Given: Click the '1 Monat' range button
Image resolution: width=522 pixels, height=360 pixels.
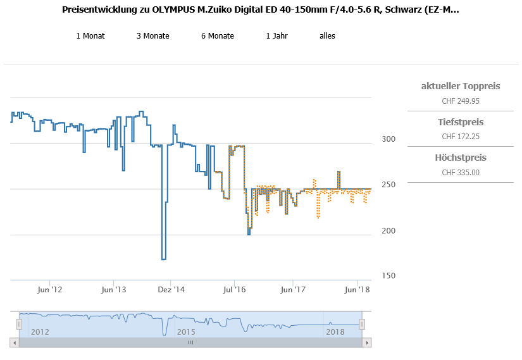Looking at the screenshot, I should coord(90,36).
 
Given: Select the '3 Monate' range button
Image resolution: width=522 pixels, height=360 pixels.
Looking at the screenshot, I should coord(152,36).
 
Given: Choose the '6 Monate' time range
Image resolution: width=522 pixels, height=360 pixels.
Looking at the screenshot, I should coord(218,36).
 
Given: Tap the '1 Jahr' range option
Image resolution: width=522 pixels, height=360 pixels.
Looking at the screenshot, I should coord(277,36).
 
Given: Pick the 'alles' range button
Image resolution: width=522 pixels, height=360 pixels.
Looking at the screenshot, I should coord(327,36).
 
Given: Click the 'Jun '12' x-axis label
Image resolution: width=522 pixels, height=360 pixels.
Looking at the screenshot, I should coord(50,290).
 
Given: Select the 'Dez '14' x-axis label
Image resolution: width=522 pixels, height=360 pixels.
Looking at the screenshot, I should coord(171,290).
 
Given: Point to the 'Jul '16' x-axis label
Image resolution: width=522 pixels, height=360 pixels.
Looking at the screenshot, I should coord(234,290).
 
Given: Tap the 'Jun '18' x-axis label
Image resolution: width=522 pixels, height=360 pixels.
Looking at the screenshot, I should coord(357,290).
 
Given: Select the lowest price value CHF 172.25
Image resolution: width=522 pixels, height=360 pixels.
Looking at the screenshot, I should coord(460,137).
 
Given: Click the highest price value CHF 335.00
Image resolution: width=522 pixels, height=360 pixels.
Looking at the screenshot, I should coord(460,173).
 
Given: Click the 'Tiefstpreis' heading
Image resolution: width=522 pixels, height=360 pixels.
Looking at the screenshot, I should coord(460,122).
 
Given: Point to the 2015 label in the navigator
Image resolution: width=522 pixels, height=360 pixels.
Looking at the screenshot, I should coord(186,332).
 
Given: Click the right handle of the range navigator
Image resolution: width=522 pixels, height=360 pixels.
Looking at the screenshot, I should coord(362,325).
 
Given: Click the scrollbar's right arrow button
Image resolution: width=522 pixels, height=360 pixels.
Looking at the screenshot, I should coord(365,342).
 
